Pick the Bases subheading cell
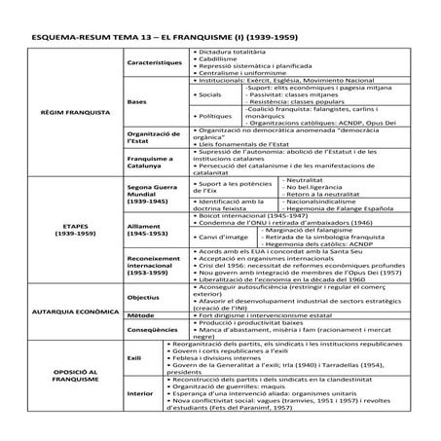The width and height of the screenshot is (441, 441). [137, 101]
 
